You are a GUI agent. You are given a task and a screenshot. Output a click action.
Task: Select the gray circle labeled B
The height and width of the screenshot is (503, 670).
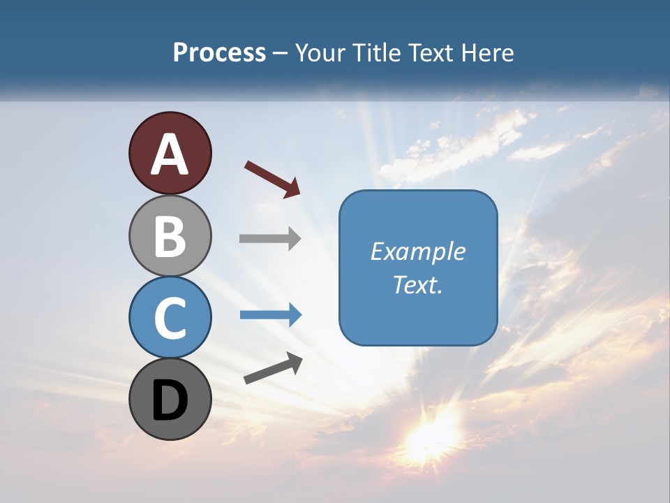[170, 235]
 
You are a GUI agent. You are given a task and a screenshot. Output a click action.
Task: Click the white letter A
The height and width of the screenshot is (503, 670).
[170, 154]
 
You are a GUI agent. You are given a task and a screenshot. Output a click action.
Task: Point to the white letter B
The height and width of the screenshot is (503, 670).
[170, 235]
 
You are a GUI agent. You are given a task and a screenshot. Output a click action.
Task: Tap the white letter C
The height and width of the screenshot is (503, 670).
[170, 318]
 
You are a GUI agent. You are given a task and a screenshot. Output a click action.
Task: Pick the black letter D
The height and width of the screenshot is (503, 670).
[170, 400]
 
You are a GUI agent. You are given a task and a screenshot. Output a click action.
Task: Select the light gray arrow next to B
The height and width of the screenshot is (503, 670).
[270, 238]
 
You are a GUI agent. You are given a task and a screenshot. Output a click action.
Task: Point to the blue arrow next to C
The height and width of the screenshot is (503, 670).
[270, 315]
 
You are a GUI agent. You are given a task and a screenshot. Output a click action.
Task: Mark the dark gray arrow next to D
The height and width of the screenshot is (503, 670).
[273, 368]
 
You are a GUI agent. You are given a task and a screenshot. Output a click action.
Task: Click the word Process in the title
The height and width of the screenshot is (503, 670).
[219, 53]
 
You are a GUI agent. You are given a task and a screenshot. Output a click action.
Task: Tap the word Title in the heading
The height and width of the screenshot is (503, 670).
[376, 53]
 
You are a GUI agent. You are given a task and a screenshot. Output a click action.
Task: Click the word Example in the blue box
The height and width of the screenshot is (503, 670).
[417, 251]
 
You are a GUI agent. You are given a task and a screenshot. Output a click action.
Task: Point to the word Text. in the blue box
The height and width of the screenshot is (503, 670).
[417, 285]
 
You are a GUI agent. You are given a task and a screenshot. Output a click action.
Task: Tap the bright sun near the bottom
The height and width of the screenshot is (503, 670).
[431, 437]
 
